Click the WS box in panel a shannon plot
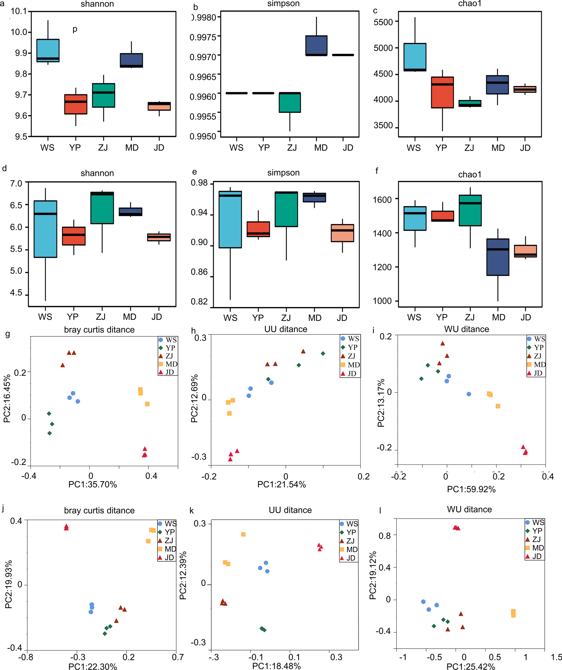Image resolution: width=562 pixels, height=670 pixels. pyautogui.click(x=48, y=51)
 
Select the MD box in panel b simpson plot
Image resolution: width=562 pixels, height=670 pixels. pyautogui.click(x=316, y=45)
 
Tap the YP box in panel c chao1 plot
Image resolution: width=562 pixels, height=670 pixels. pyautogui.click(x=442, y=92)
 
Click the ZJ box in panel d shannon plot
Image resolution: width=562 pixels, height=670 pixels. pyautogui.click(x=102, y=208)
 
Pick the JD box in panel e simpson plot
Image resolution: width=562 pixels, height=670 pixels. pyautogui.click(x=342, y=233)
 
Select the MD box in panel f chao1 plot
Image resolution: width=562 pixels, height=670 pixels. pyautogui.click(x=498, y=257)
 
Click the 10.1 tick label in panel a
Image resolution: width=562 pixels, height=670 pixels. pyautogui.click(x=19, y=11)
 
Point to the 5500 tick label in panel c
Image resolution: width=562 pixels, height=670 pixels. pyautogui.click(x=383, y=22)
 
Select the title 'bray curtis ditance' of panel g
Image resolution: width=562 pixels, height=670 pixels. pyautogui.click(x=99, y=329)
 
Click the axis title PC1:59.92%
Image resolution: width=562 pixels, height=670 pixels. pyautogui.click(x=471, y=489)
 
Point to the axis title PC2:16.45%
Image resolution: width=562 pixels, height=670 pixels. pyautogui.click(x=7, y=399)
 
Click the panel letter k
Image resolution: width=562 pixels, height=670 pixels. pyautogui.click(x=192, y=511)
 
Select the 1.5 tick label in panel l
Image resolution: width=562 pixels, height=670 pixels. pyautogui.click(x=556, y=657)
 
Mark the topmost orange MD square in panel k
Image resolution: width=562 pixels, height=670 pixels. pyautogui.click(x=243, y=534)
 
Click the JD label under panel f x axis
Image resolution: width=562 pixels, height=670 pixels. pyautogui.click(x=526, y=318)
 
